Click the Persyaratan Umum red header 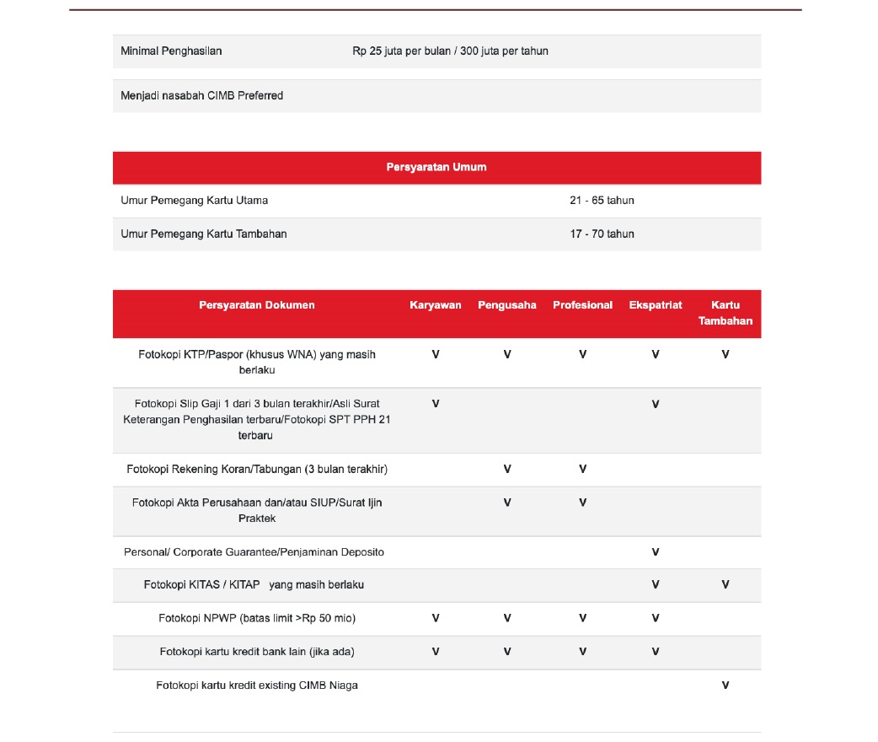[x=436, y=167]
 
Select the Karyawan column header [x=436, y=305]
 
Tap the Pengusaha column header [x=507, y=305]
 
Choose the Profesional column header [x=582, y=305]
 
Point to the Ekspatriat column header [x=656, y=305]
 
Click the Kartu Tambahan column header [x=725, y=313]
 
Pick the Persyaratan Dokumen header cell [x=257, y=305]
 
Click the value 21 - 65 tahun [x=602, y=201]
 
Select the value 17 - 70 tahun [x=602, y=234]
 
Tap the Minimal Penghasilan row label [x=172, y=51]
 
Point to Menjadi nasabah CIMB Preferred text [x=202, y=96]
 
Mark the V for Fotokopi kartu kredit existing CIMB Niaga [x=725, y=686]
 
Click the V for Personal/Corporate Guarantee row [x=656, y=552]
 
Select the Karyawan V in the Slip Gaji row [x=436, y=404]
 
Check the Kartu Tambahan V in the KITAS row [x=725, y=584]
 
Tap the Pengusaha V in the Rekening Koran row [x=507, y=469]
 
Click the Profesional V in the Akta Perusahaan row [x=582, y=503]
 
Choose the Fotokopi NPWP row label [x=257, y=618]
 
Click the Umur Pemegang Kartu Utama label [x=195, y=201]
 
